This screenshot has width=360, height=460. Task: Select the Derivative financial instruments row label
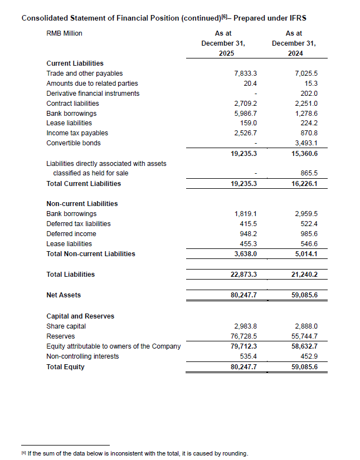point(93,93)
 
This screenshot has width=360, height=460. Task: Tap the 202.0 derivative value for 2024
point(309,93)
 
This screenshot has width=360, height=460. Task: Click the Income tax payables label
point(77,133)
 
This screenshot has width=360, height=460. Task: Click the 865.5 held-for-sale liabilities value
point(309,173)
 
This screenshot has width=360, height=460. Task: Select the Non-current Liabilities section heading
point(82,204)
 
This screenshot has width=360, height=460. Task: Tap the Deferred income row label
point(71,234)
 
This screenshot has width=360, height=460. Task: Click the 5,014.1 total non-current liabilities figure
point(305,254)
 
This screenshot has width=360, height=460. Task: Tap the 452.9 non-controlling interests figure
point(309,356)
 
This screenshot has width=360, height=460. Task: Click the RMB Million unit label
point(64,33)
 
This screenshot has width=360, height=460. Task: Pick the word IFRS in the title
point(296,18)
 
